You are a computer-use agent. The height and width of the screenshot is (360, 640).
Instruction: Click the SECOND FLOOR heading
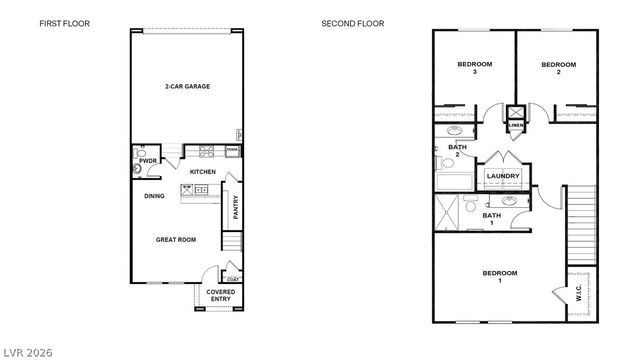coord(352,23)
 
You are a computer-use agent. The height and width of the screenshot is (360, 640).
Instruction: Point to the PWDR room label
coord(148,160)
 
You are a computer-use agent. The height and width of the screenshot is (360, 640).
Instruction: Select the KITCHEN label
coord(203,172)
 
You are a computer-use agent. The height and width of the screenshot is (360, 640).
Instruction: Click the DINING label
coord(154,196)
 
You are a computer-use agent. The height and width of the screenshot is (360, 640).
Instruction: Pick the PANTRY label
coord(236,207)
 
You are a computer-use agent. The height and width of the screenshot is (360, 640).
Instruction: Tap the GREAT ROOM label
coord(175,239)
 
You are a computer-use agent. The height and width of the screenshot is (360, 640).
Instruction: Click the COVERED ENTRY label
coord(221,295)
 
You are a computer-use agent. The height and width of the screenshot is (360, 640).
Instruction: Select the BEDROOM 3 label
coord(474,68)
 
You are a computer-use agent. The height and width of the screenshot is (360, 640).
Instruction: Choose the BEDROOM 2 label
coord(558,68)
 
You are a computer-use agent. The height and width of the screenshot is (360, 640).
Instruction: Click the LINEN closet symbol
coord(516,119)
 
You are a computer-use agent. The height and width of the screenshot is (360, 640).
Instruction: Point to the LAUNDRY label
coord(502,177)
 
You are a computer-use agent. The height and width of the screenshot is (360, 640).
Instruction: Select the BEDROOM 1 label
coord(500,276)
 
